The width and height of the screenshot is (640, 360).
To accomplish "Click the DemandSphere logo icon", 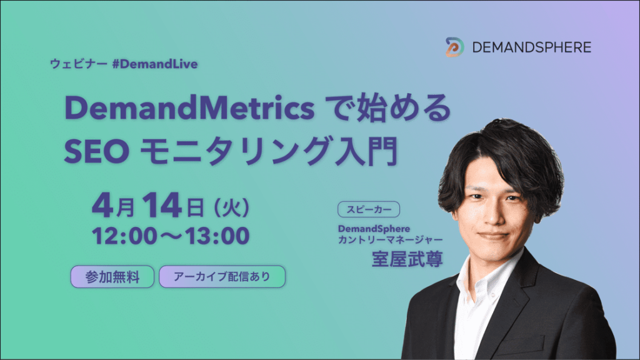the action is [454, 47].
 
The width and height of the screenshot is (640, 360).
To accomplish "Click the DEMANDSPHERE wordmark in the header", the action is [531, 47].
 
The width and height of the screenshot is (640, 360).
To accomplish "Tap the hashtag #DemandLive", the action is [155, 64].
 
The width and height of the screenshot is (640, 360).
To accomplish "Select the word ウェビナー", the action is [79, 64].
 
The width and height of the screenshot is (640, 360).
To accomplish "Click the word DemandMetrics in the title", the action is [189, 108].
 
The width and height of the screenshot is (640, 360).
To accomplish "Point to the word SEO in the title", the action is [97, 151].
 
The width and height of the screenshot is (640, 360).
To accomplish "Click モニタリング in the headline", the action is [235, 151].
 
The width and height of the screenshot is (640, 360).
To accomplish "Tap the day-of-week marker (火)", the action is [231, 207].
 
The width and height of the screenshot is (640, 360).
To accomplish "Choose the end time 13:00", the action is [217, 236].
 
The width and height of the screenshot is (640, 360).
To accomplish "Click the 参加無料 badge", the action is [112, 277].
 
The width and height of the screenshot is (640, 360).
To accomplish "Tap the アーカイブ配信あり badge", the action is [222, 277].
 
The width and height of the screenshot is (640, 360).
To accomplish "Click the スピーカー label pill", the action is [369, 209].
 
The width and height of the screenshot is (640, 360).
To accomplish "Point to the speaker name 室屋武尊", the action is [407, 259].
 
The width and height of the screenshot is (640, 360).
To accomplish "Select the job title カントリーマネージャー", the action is [390, 239].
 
